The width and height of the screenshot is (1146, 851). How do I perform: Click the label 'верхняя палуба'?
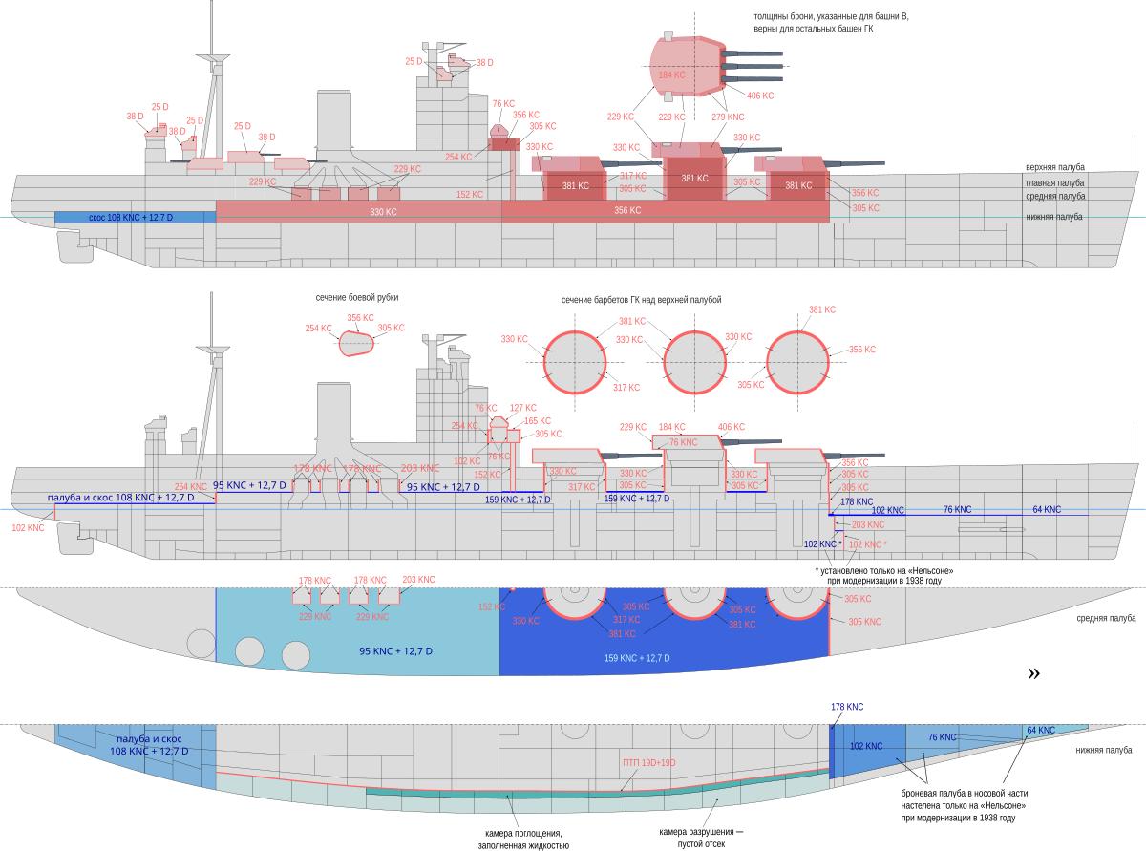[1055, 167]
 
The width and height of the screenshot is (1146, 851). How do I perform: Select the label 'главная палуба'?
[1055, 182]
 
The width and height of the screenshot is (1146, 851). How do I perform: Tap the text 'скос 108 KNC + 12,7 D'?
[131, 218]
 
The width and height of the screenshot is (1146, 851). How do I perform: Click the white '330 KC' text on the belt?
[383, 212]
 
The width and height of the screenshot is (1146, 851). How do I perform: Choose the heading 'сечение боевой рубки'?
[357, 298]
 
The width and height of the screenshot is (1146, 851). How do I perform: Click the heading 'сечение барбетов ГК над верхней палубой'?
[641, 300]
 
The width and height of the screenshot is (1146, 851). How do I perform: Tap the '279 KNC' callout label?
[728, 117]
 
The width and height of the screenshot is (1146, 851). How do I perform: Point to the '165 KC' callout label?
[538, 421]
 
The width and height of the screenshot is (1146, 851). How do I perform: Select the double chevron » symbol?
[1033, 673]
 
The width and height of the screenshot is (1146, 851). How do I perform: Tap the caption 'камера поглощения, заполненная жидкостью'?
[524, 838]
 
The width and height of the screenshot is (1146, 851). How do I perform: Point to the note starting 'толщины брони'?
[813, 22]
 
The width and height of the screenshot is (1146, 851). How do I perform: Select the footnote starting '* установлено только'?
[885, 576]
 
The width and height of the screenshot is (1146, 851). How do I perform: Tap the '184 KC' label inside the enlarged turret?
[671, 74]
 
